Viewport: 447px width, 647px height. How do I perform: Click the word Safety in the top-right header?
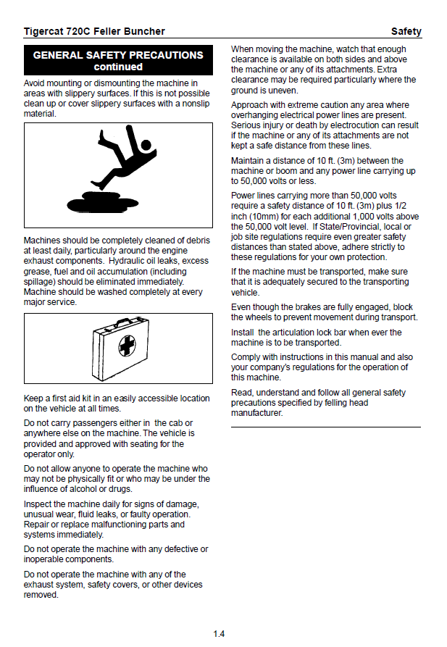[406, 31]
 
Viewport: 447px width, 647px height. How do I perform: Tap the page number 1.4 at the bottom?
[219, 634]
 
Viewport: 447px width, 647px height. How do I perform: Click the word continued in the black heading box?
[118, 67]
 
